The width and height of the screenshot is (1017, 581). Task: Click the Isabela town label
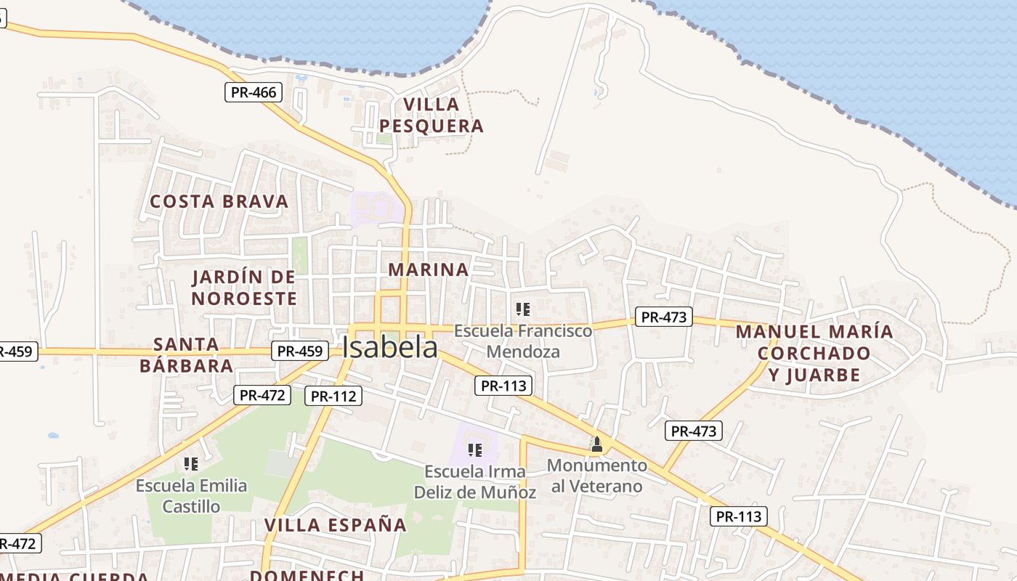390,348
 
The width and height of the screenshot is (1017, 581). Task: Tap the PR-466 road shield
253,92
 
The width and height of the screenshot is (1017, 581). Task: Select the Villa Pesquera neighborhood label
431,115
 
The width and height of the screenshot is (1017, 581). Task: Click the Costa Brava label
219,201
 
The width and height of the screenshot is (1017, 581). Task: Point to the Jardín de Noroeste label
244,288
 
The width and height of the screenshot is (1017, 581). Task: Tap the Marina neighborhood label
429,269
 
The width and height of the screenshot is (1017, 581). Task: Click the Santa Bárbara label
187,354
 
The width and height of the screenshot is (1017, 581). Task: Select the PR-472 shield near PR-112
262,395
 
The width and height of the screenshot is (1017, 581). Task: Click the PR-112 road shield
333,396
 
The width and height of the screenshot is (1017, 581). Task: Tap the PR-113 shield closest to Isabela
503,386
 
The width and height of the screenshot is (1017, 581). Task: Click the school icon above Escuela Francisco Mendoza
523,309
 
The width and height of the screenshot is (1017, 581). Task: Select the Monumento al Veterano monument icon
597,444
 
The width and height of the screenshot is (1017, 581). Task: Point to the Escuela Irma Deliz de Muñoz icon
475,450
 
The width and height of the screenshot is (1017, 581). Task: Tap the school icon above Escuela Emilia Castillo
191,463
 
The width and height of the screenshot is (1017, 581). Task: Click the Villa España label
335,525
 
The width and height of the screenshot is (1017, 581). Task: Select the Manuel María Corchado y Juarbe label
814,353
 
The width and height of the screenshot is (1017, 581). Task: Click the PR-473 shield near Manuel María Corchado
664,317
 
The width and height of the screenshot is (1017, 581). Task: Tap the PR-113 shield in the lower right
738,516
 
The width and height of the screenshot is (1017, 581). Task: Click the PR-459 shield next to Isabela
299,351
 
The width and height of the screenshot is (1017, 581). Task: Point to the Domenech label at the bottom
307,575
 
